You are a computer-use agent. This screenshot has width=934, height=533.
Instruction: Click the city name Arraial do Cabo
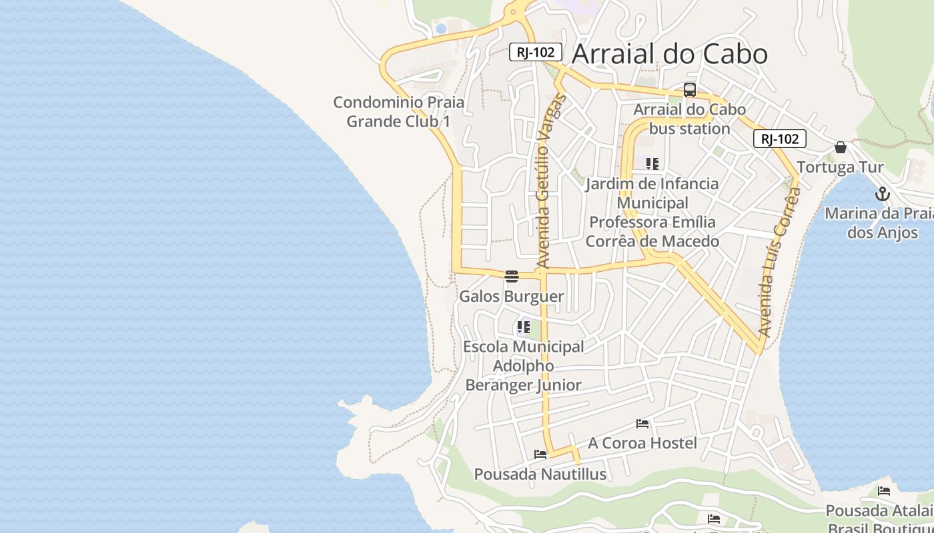pyautogui.click(x=670, y=54)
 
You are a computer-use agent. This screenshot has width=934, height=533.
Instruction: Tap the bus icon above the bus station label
pyautogui.click(x=690, y=90)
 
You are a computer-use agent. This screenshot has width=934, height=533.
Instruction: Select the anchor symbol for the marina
pyautogui.click(x=883, y=195)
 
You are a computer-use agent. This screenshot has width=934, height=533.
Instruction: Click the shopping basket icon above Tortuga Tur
pyautogui.click(x=841, y=147)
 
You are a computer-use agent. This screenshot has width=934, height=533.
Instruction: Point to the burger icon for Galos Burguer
pyautogui.click(x=512, y=276)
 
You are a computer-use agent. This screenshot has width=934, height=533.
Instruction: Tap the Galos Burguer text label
pyautogui.click(x=512, y=296)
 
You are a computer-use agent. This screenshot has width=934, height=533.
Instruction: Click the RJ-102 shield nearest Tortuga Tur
pyautogui.click(x=780, y=139)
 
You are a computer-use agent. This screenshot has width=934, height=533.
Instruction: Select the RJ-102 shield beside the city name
pyautogui.click(x=536, y=52)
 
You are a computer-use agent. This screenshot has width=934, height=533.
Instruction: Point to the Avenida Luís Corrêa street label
pyautogui.click(x=779, y=261)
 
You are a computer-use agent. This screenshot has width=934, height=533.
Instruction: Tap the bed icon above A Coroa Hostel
pyautogui.click(x=642, y=423)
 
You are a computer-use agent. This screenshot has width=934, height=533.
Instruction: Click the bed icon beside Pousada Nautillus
pyautogui.click(x=540, y=454)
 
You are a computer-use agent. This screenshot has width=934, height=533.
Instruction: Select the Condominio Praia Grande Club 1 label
pyautogui.click(x=399, y=112)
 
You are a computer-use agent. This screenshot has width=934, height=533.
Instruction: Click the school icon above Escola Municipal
pyautogui.click(x=523, y=327)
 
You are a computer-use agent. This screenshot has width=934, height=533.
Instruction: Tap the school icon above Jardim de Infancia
pyautogui.click(x=652, y=163)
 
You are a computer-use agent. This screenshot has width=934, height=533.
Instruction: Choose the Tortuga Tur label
pyautogui.click(x=840, y=167)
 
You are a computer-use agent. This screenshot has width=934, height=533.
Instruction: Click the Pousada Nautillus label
pyautogui.click(x=540, y=474)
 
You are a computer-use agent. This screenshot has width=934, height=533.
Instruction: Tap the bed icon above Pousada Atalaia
pyautogui.click(x=884, y=491)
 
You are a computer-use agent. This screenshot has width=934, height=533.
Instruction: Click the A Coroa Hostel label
pyautogui.click(x=642, y=443)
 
